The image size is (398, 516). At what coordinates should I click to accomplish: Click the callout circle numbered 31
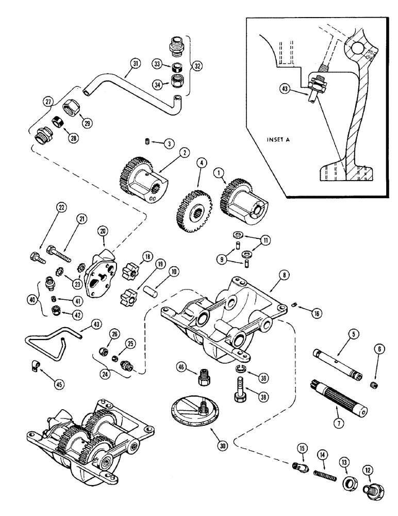pyautogui.click(x=135, y=64)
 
